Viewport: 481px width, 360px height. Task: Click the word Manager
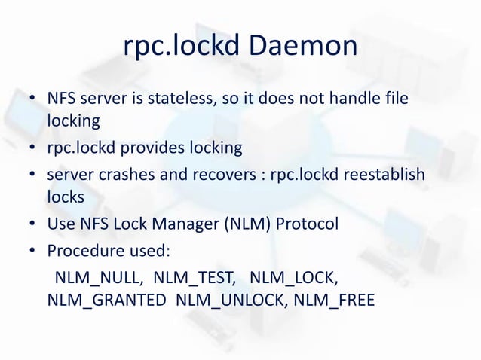(x=204, y=224)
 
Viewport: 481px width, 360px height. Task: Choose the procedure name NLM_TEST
(x=198, y=275)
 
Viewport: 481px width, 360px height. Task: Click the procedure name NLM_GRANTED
(x=106, y=300)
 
